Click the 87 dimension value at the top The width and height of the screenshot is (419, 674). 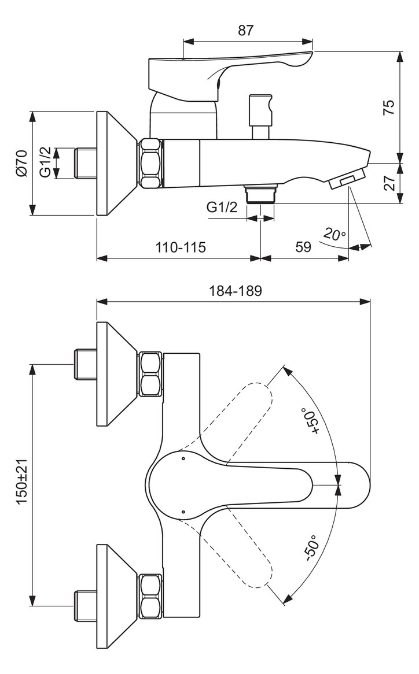pyautogui.click(x=246, y=31)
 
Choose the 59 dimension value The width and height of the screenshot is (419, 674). pyautogui.click(x=303, y=247)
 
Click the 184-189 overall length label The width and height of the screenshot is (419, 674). pyautogui.click(x=235, y=291)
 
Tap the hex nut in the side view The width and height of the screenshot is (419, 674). pyautogui.click(x=150, y=163)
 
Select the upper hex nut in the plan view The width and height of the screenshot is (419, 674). pyautogui.click(x=150, y=374)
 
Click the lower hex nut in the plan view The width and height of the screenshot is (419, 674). pyautogui.click(x=150, y=596)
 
